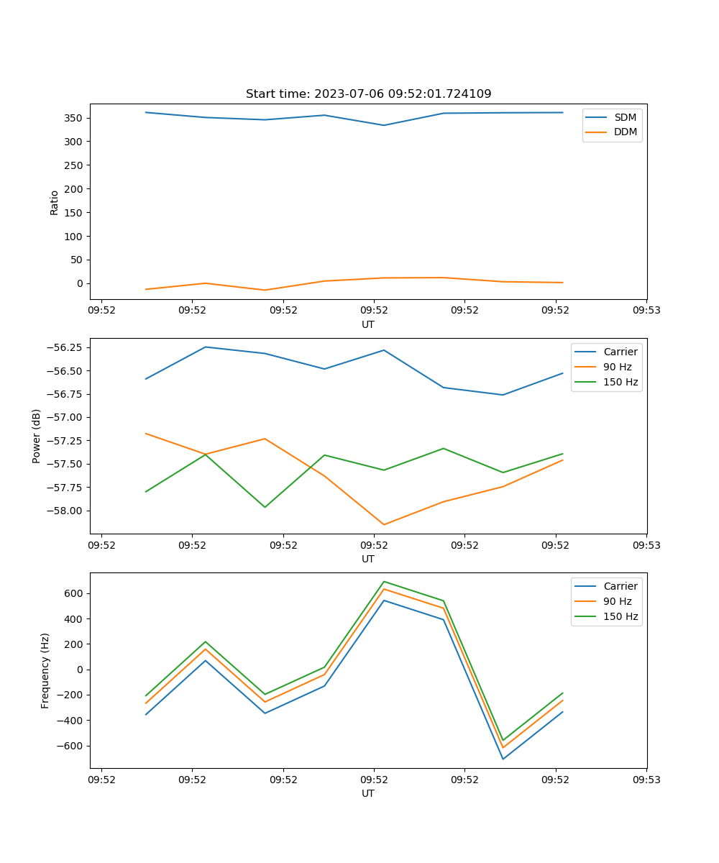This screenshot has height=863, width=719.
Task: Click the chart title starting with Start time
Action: [368, 94]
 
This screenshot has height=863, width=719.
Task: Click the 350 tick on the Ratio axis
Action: [73, 118]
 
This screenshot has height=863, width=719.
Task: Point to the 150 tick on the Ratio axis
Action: [73, 213]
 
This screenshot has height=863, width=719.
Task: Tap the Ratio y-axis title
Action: [55, 203]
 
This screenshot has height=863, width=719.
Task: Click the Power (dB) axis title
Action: [37, 436]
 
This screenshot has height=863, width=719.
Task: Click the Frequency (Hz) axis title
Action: [45, 670]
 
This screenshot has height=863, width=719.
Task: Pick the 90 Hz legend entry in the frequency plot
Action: [617, 601]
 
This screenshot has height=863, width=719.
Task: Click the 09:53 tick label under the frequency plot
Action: [646, 780]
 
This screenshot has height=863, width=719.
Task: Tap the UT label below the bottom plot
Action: [368, 794]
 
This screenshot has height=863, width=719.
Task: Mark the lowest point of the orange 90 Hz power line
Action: [384, 524]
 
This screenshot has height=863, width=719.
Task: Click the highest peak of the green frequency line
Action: [384, 581]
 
